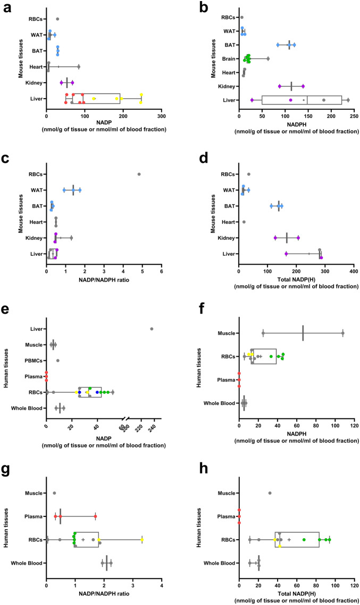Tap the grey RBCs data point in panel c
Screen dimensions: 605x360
(139, 174)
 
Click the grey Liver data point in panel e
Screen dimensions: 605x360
(152, 329)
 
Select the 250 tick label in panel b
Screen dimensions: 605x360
(354, 116)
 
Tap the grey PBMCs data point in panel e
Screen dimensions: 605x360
(57, 360)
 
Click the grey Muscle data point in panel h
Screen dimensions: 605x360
(270, 493)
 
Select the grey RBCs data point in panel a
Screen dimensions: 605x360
(57, 19)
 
